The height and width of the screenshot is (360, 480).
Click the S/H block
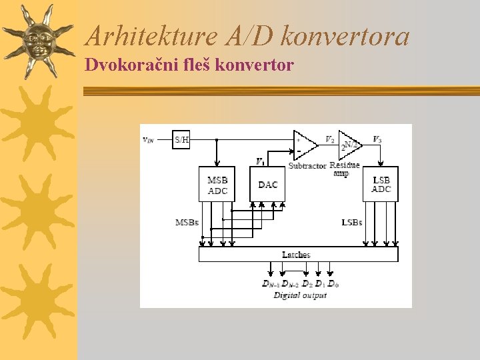[x=181, y=140]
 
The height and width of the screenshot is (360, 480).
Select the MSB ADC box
[x=217, y=185]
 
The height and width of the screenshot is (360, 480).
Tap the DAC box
[x=267, y=185]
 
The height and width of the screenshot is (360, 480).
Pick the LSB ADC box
[x=381, y=185]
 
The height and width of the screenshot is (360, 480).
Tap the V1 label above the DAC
[x=260, y=161]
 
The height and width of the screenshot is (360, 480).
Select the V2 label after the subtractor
[x=329, y=139]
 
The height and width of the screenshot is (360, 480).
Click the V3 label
[x=377, y=139]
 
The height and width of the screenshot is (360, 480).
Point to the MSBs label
[x=187, y=222]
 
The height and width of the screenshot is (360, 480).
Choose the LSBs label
[x=351, y=222]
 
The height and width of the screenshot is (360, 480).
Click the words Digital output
[x=300, y=295]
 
